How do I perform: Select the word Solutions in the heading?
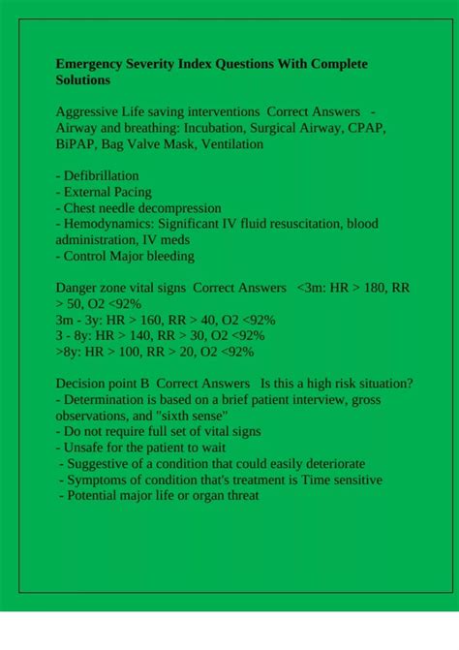84,80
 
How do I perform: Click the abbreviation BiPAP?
76,144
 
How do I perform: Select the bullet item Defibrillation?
101,176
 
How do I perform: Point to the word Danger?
77,288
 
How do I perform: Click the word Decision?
82,384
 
